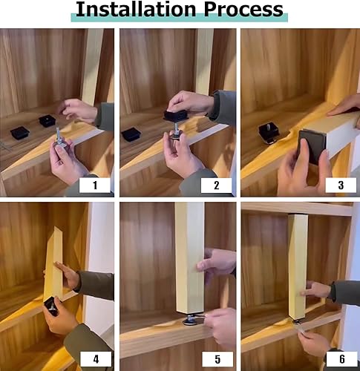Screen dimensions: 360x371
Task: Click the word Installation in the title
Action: click(136, 10)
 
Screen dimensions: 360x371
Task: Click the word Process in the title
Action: click(243, 10)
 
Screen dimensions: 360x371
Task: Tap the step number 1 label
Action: click(95, 185)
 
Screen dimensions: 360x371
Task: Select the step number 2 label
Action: click(217, 185)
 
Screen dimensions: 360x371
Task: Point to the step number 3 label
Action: click(341, 185)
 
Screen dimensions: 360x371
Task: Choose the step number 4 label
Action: click(96, 359)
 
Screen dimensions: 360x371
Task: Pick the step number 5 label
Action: click(217, 359)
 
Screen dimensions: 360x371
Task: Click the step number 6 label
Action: click(342, 359)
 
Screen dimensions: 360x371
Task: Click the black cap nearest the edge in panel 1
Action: click(20, 133)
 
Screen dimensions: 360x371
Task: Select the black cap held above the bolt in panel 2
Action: click(176, 116)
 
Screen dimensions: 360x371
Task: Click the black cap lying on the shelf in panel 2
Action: click(131, 134)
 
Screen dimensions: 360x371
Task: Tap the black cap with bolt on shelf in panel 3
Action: click(269, 133)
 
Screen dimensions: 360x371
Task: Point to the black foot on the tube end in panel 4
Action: click(52, 306)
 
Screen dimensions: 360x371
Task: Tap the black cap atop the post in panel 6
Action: click(298, 214)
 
